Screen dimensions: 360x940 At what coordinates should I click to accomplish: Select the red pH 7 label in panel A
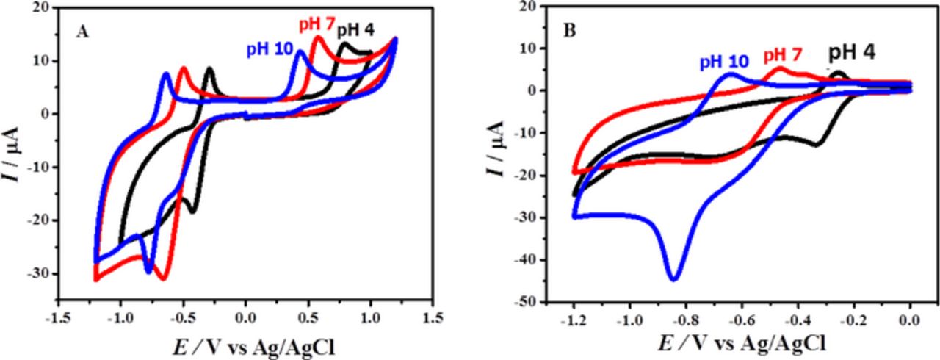click(x=316, y=24)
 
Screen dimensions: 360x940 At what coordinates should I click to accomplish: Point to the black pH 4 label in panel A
click(x=358, y=31)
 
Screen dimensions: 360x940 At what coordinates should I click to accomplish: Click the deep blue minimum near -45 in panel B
click(x=673, y=279)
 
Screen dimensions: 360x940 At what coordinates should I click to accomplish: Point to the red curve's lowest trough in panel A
click(x=163, y=278)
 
